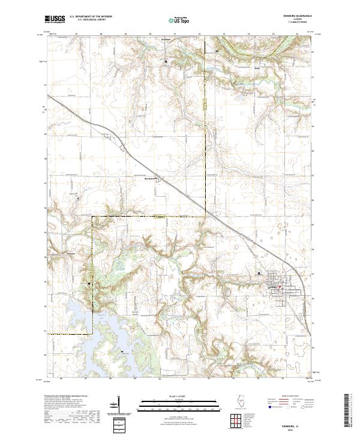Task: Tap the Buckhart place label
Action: [150, 178]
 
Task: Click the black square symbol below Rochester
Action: [167, 61]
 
